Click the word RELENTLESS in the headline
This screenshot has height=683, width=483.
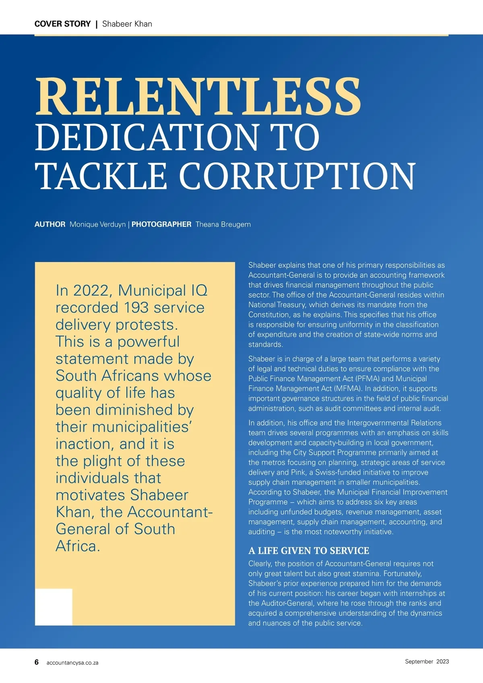[198, 97]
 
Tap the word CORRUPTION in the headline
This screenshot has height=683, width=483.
[297, 176]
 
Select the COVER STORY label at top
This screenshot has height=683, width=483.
[62, 24]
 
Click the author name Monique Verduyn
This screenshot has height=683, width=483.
[97, 224]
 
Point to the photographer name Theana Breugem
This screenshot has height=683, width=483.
[223, 224]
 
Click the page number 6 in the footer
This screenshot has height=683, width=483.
[37, 662]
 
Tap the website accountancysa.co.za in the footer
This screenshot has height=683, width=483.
[72, 662]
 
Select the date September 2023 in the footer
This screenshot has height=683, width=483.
[427, 661]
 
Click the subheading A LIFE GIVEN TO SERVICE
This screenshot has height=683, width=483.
[308, 551]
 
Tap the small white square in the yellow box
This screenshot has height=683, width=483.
[54, 607]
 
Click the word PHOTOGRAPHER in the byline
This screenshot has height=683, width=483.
[161, 224]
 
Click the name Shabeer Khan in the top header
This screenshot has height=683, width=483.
[127, 24]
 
